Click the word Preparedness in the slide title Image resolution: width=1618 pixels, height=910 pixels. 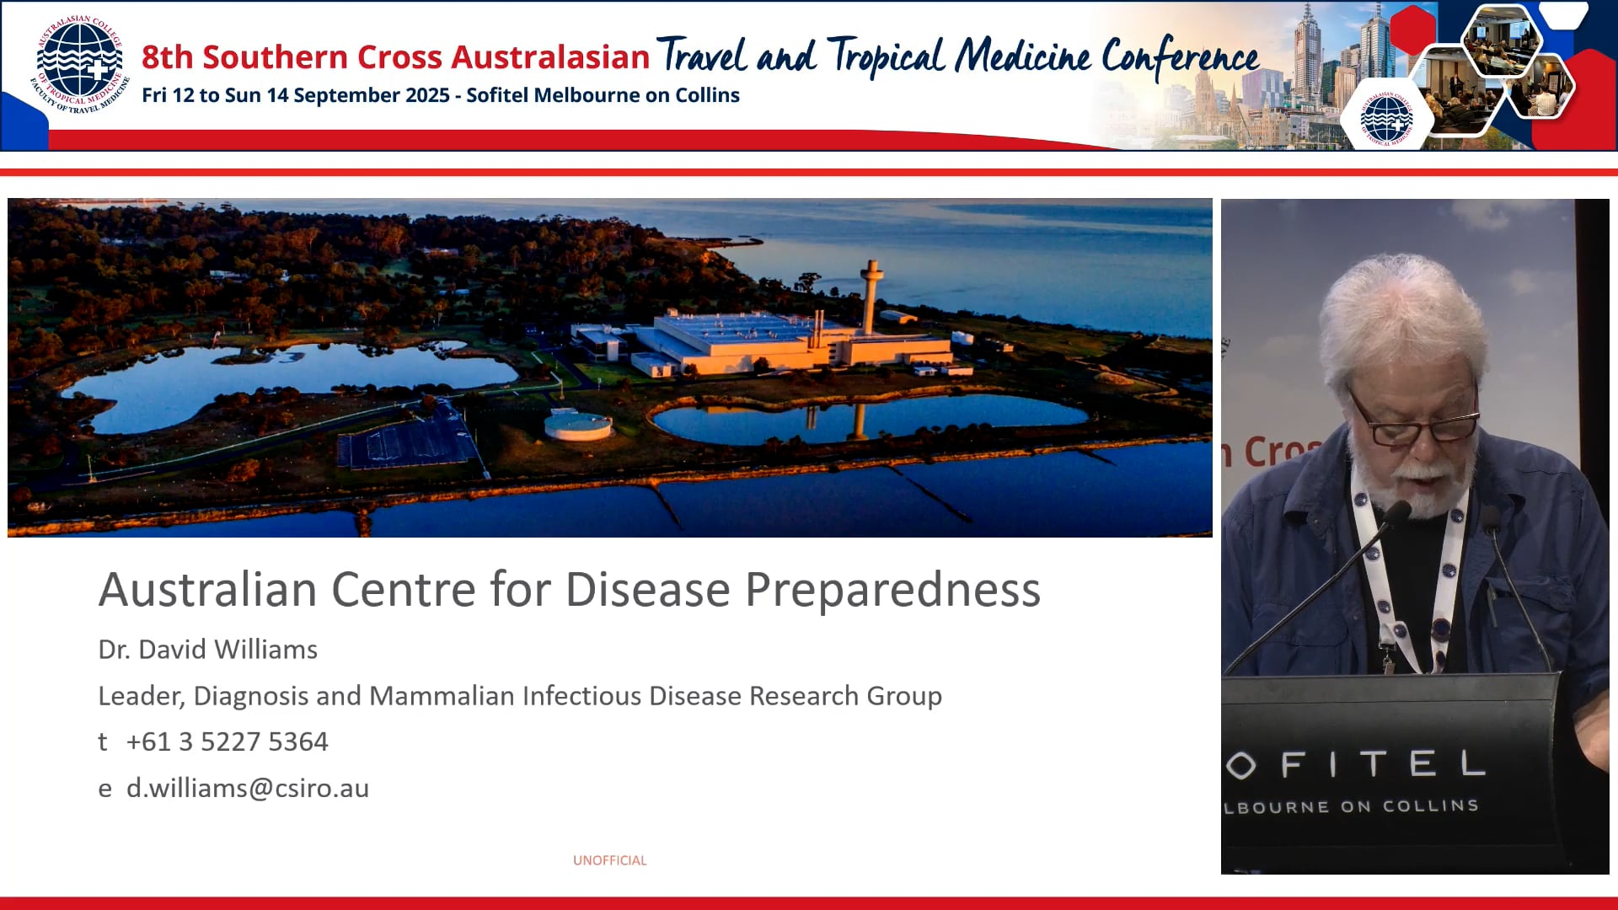click(892, 590)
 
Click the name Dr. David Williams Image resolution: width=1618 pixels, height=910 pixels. click(207, 650)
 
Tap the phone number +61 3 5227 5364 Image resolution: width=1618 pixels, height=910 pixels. click(227, 741)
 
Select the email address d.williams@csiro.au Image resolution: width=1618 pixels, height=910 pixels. click(247, 788)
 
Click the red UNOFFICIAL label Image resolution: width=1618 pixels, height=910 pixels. click(609, 860)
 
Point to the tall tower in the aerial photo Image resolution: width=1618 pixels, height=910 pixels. click(871, 295)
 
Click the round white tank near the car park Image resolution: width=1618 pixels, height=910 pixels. click(578, 424)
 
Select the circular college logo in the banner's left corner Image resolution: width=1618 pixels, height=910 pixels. click(80, 65)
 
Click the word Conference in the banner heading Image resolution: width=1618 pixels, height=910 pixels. click(1180, 57)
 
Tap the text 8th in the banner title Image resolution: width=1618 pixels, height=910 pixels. click(167, 57)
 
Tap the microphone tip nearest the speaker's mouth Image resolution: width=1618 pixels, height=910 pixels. click(1396, 511)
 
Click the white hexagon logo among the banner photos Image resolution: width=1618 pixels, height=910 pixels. click(1386, 118)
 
